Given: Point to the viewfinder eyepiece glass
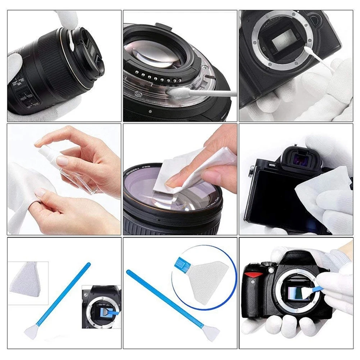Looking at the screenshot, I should tap(299, 157).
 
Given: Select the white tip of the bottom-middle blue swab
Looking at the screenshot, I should tap(210, 329).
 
